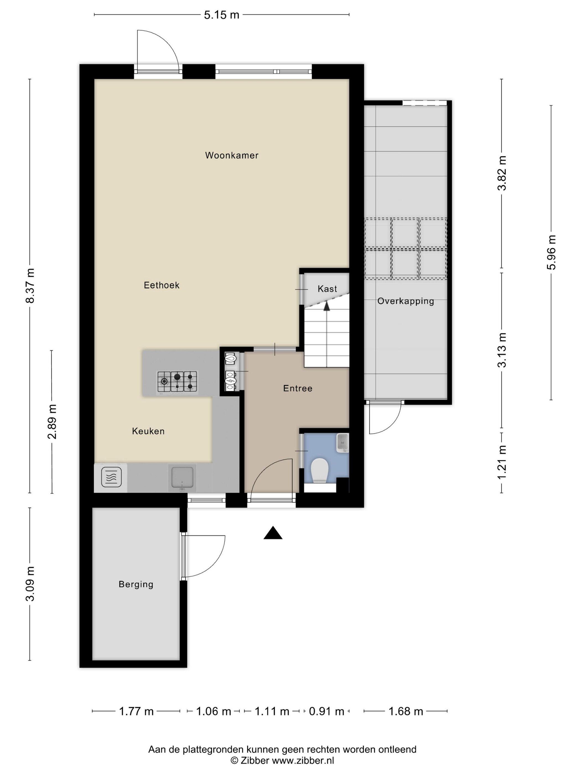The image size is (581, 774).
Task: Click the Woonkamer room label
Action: pos(232,155)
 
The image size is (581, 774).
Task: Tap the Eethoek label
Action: pos(162,285)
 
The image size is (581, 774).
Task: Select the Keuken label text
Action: pos(148,431)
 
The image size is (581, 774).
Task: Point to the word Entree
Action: pos(298,388)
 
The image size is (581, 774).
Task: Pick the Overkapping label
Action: pos(406,301)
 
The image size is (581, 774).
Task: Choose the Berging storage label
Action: pos(136,584)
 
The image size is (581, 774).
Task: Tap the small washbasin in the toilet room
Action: pos(343,443)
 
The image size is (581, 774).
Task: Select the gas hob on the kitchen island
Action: pos(177,381)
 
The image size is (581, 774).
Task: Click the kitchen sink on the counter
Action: pos(182,477)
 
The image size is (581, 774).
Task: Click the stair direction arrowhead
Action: pos(327,306)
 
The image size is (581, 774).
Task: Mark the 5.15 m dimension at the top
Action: pos(222,15)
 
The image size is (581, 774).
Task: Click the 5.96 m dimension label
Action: pos(551,252)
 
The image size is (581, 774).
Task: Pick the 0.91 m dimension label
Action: pos(326,711)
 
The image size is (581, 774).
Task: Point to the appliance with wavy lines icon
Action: pos(111,477)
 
